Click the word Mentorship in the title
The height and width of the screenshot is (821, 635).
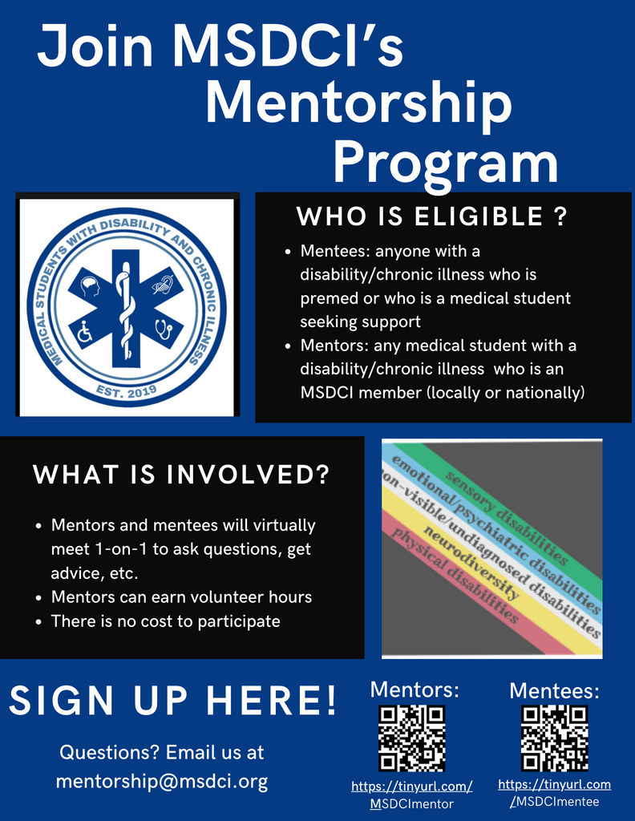point(358,103)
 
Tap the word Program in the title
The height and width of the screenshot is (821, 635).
point(446,163)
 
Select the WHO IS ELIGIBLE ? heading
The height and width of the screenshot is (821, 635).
point(432,216)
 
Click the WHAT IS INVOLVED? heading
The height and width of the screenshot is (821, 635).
point(181,475)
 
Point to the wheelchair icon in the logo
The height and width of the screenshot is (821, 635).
point(85,332)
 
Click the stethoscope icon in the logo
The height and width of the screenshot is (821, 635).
point(164,330)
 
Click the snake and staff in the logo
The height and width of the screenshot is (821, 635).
point(126,309)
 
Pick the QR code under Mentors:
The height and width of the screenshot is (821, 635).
point(412,738)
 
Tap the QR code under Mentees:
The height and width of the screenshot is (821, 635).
point(554,738)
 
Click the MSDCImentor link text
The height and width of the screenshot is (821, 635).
point(412,803)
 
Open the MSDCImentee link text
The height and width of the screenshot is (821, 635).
point(555,802)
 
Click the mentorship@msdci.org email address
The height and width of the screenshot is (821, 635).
point(162,781)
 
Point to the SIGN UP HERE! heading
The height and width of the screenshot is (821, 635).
point(173,701)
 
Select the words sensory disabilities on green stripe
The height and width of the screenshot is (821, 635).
point(507,518)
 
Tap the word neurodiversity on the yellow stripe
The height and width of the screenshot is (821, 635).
point(471,562)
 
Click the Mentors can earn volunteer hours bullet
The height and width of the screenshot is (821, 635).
point(181,597)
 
